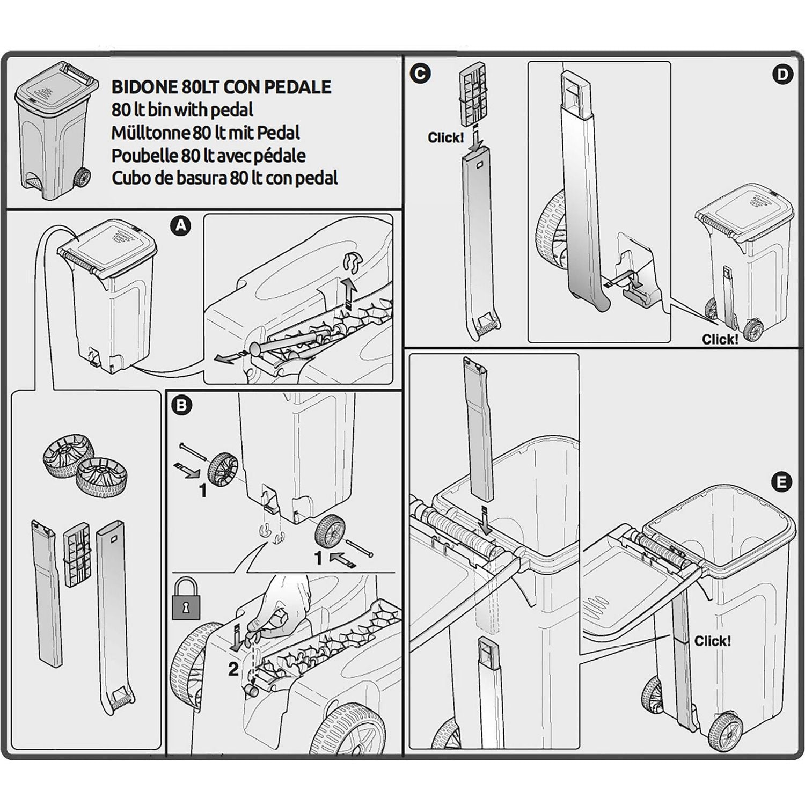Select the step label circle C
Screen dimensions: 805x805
(x=420, y=74)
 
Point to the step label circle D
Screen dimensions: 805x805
(x=782, y=75)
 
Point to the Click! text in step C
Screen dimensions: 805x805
(x=445, y=137)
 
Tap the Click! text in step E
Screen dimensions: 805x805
(x=712, y=641)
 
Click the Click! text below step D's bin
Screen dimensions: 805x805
(x=720, y=339)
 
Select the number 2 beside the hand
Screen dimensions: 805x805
(x=233, y=669)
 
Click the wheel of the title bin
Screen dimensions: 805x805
(x=82, y=177)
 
